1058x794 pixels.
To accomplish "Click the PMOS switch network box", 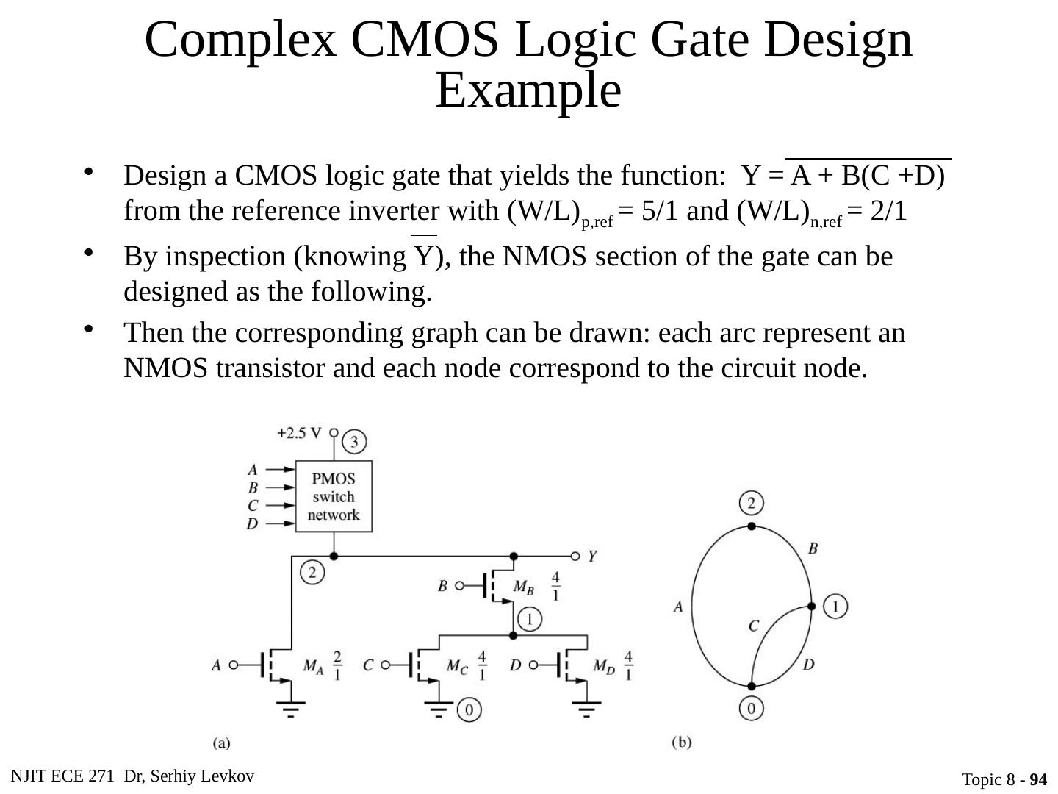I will pyautogui.click(x=334, y=497).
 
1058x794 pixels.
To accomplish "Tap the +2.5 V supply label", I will pyautogui.click(x=299, y=433).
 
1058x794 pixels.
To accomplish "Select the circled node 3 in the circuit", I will pyautogui.click(x=354, y=442).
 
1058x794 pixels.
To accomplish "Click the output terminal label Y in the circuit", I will pyautogui.click(x=591, y=557).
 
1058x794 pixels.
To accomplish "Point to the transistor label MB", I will pyautogui.click(x=523, y=587).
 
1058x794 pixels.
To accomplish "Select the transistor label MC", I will pyautogui.click(x=456, y=666).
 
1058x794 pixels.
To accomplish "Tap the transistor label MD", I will pyautogui.click(x=604, y=666).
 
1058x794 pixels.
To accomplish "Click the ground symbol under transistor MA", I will pyautogui.click(x=291, y=708).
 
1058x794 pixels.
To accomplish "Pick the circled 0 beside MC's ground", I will pyautogui.click(x=469, y=709).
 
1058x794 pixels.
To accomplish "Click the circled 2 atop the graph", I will pyautogui.click(x=751, y=504).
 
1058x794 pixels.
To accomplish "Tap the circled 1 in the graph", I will pyautogui.click(x=835, y=607).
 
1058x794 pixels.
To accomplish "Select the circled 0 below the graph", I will pyautogui.click(x=751, y=708).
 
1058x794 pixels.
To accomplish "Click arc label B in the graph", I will pyautogui.click(x=813, y=548).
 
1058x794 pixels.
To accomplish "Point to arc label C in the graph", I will pyautogui.click(x=753, y=626).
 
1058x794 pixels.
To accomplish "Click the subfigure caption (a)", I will pyautogui.click(x=221, y=743).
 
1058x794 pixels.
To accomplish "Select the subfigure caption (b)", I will pyautogui.click(x=681, y=742).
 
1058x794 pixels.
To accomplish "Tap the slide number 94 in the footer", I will pyautogui.click(x=1038, y=779).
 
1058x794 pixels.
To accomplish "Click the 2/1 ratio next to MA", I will pyautogui.click(x=337, y=665).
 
